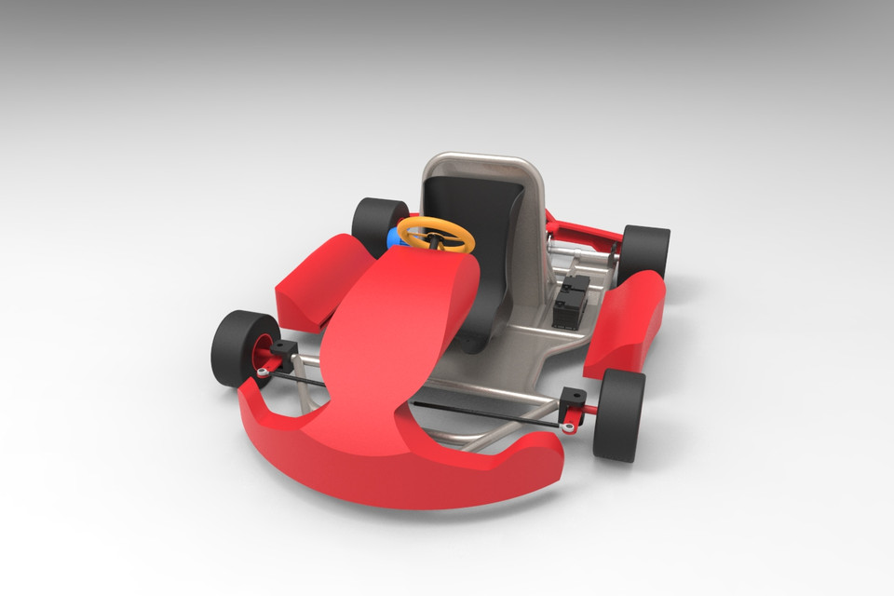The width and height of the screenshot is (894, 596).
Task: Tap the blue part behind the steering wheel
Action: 395,238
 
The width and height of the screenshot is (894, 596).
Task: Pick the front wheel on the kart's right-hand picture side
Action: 619,414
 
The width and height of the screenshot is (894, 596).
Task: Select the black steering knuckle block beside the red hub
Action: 284,355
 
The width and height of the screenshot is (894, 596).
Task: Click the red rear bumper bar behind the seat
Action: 582,227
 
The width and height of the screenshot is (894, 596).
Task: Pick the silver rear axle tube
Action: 582,252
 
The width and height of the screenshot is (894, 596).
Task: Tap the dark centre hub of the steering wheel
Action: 434,237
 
